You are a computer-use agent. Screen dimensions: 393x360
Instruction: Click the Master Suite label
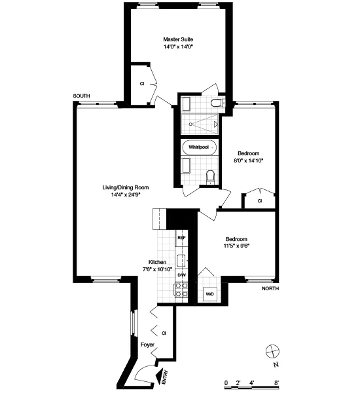(178, 39)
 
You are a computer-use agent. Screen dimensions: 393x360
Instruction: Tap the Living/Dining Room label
(130, 187)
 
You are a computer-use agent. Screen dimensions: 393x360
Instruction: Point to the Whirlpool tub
(199, 147)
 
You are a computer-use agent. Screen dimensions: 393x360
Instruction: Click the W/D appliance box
(210, 294)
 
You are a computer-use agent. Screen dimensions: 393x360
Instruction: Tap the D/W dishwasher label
(182, 275)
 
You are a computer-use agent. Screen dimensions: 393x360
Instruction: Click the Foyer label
(147, 345)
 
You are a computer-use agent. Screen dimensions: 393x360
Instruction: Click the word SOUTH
(81, 96)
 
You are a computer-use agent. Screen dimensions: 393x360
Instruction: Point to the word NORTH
(270, 288)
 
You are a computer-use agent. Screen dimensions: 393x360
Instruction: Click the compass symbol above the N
(272, 350)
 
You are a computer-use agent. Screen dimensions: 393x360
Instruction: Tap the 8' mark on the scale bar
(277, 382)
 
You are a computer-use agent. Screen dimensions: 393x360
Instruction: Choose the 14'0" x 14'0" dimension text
(178, 47)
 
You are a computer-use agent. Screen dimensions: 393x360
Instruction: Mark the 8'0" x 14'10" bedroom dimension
(248, 160)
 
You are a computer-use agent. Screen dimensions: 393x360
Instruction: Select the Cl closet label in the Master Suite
(141, 84)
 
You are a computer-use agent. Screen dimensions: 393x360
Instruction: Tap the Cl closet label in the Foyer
(164, 333)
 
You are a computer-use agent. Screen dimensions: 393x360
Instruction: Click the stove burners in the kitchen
(182, 290)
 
